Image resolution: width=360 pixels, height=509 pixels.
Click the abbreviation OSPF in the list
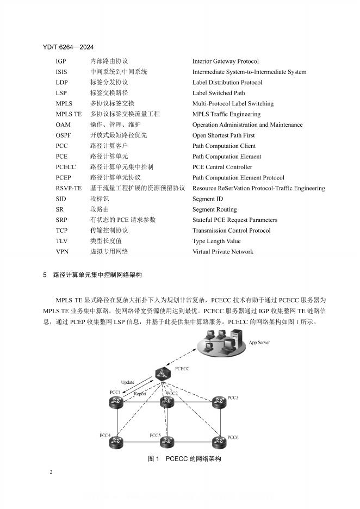click(x=63, y=135)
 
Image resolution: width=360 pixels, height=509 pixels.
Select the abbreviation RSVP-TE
click(x=69, y=188)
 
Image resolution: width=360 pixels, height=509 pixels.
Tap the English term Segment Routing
click(x=214, y=209)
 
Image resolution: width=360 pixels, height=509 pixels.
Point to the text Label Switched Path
click(x=219, y=93)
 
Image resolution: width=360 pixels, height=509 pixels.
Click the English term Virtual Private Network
click(x=223, y=252)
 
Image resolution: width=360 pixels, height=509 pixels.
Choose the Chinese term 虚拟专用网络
click(x=109, y=252)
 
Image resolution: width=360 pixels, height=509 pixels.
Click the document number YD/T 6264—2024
click(x=71, y=48)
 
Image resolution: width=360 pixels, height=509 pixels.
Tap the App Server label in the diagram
click(x=259, y=343)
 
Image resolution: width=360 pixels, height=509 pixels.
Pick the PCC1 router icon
click(x=115, y=402)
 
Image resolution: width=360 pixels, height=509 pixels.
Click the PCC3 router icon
click(x=219, y=402)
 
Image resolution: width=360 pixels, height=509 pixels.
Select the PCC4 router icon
click(x=115, y=443)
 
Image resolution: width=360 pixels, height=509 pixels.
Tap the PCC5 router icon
click(x=167, y=442)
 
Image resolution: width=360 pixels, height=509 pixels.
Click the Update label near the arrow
click(x=127, y=382)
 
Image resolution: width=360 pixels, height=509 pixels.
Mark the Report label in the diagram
click(x=140, y=393)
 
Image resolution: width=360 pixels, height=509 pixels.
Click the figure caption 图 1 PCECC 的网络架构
click(x=184, y=459)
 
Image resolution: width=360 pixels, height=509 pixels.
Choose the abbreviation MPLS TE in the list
click(x=69, y=114)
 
